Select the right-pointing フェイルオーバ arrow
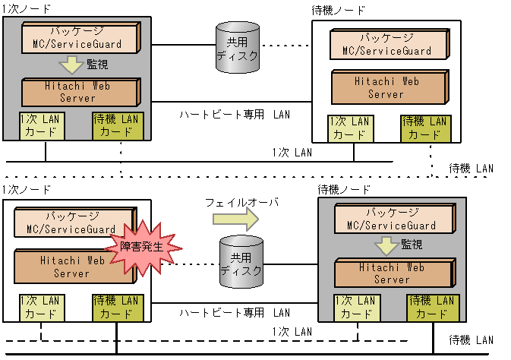click(235, 219)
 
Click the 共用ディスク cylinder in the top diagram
click(232, 47)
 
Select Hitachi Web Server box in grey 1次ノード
click(80, 92)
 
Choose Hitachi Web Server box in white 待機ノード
click(386, 87)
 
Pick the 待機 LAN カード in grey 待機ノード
click(431, 307)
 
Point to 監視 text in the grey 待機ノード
click(412, 245)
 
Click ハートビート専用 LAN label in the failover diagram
click(235, 312)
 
